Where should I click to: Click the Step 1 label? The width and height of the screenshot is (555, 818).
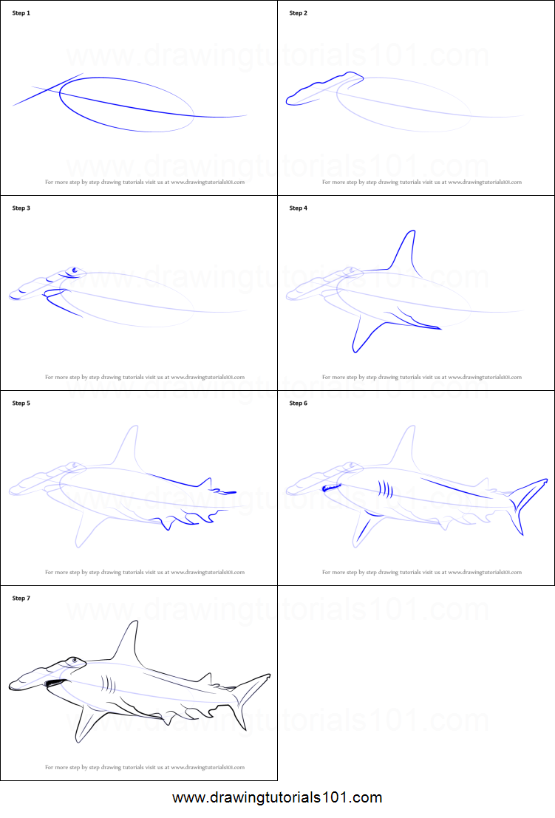click(x=21, y=13)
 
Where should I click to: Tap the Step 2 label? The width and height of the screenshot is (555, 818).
click(x=298, y=13)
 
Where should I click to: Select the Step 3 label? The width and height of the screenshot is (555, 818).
click(x=21, y=208)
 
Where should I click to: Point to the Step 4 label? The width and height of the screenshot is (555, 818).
click(x=298, y=208)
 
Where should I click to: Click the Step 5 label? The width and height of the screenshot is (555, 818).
click(x=21, y=403)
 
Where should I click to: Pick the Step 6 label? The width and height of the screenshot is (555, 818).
click(x=298, y=403)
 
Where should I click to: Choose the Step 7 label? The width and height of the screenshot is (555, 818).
click(x=21, y=598)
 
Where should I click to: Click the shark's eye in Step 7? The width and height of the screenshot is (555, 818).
click(x=72, y=659)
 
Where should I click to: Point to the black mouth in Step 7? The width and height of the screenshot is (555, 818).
click(x=52, y=684)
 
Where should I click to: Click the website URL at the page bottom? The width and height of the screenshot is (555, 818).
click(x=277, y=798)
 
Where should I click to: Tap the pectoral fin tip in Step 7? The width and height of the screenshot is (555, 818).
click(x=78, y=740)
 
